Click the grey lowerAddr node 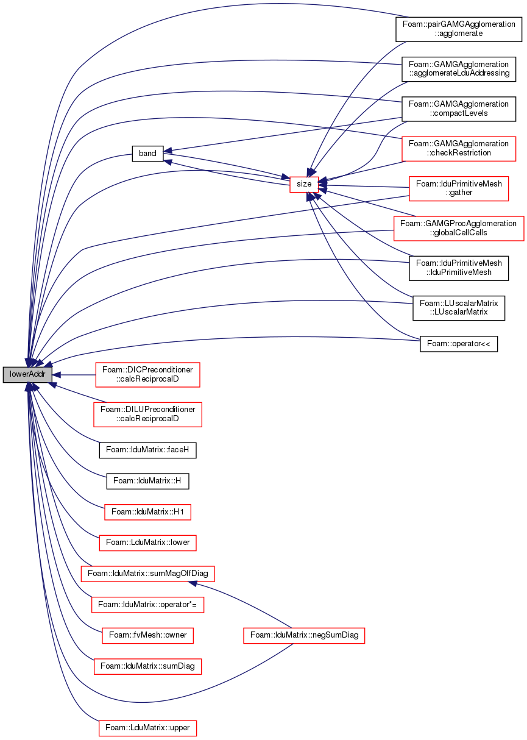tap(27, 375)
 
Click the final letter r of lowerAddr tap(44, 375)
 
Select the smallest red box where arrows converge tap(304, 185)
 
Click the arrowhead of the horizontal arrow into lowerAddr tap(57, 375)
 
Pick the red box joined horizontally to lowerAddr tap(147, 375)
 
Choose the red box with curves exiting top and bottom tap(304, 636)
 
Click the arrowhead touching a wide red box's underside tap(193, 583)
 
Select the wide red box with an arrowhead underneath tap(147, 574)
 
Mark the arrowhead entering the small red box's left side tap(285, 177)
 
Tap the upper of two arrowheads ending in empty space tap(167, 151)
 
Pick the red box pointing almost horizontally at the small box tap(459, 188)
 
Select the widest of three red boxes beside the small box tap(459, 229)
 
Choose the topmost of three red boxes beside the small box tap(459, 149)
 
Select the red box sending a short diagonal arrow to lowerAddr tap(147, 414)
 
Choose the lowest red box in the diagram tap(147, 728)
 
